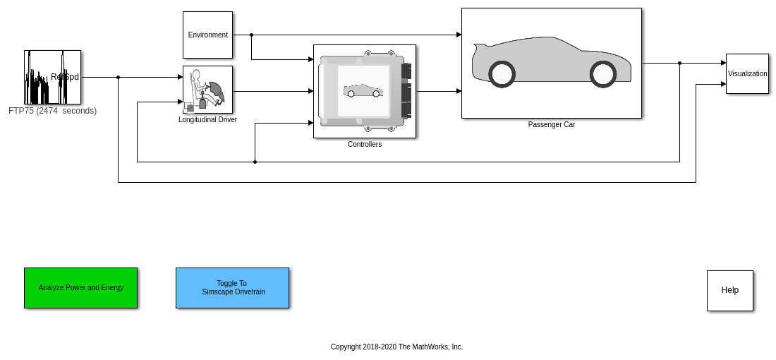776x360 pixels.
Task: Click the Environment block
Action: point(207,35)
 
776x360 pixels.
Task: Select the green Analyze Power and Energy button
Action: point(80,288)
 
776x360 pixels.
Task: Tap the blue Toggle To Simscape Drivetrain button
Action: point(232,288)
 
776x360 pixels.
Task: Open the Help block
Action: point(729,290)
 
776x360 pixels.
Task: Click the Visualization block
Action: point(747,73)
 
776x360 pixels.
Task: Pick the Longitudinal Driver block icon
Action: point(207,89)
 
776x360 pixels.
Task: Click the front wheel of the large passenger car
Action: point(603,74)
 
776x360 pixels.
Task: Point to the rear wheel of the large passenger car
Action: point(502,74)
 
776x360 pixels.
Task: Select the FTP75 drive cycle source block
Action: point(52,77)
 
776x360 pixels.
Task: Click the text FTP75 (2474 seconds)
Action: point(52,111)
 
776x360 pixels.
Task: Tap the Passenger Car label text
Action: point(551,125)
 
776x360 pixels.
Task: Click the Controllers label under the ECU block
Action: point(364,145)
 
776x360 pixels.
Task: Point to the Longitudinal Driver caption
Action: point(207,120)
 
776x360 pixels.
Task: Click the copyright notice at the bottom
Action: point(396,347)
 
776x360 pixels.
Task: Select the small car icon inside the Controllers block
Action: point(363,91)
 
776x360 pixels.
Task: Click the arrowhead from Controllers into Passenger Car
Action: point(459,91)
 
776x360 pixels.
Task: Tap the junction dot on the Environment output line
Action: point(251,35)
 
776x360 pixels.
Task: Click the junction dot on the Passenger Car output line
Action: point(679,63)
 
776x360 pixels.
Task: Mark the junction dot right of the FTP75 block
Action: point(118,77)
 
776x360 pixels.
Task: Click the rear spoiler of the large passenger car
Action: point(479,48)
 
